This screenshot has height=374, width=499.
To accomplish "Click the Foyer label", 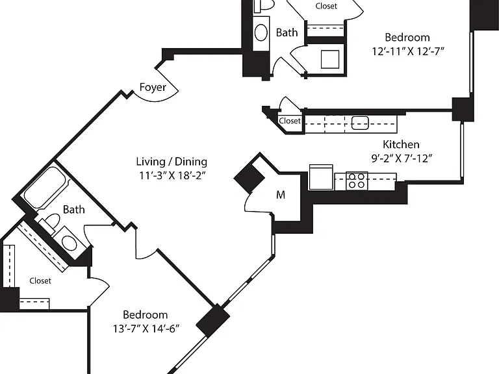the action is coord(153,87).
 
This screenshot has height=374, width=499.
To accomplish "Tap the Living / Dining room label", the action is coord(172,162).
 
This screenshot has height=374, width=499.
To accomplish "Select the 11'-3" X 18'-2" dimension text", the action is coord(172,175).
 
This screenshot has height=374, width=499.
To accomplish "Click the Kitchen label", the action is coord(401,144).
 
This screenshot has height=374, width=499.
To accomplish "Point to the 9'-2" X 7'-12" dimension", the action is coord(402,158).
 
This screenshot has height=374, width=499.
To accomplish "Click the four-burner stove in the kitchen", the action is coord(357,181).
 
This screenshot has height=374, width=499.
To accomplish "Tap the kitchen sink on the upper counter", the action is coord(360,123).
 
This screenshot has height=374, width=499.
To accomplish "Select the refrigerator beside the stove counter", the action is coord(321,177).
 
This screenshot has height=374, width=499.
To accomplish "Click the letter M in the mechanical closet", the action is coord(281,195).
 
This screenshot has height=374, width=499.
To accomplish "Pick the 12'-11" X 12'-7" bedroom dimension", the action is coord(408,51).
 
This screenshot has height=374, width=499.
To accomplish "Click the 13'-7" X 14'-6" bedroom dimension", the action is coord(146,328).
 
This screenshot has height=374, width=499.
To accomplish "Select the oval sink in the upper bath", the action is coord(261,32).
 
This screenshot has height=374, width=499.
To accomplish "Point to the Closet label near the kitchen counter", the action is coord(290,121).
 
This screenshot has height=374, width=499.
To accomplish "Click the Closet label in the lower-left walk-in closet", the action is coord(40,280).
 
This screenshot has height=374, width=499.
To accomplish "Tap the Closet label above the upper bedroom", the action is coord(326,6).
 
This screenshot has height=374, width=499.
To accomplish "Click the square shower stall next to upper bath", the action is coord(330,59).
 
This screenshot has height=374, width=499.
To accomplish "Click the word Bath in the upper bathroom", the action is coord(287,32).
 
